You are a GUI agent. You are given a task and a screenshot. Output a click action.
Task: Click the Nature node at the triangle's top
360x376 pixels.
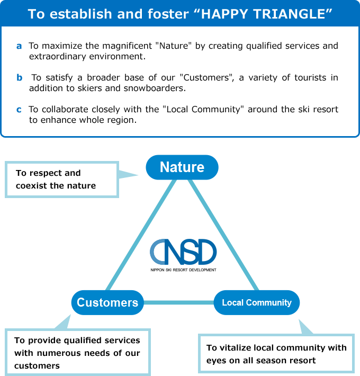[182, 167]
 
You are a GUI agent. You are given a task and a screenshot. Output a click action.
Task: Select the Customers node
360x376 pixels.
[107, 302]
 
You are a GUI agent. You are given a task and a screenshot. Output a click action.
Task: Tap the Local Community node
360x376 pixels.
[256, 302]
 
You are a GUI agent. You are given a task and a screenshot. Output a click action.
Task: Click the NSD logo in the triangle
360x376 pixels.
[183, 252]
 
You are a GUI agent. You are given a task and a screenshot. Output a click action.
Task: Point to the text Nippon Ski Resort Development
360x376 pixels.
[183, 270]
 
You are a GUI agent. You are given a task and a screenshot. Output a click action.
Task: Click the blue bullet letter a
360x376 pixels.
[19, 46]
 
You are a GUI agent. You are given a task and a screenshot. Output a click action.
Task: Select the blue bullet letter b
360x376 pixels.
[19, 77]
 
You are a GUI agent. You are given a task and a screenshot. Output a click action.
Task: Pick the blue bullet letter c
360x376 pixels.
[19, 110]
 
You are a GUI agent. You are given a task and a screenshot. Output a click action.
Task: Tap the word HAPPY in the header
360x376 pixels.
[224, 14]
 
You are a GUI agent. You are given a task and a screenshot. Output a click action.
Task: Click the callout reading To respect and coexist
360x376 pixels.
[62, 180]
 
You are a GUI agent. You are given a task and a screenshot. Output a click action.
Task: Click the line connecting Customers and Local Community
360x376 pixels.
[178, 302]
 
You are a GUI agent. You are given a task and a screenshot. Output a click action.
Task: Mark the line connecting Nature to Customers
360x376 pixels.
[141, 235]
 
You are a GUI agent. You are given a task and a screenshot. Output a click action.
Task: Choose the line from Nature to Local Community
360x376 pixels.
[223, 235]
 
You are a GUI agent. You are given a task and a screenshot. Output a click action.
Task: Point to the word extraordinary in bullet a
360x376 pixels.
[58, 57]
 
